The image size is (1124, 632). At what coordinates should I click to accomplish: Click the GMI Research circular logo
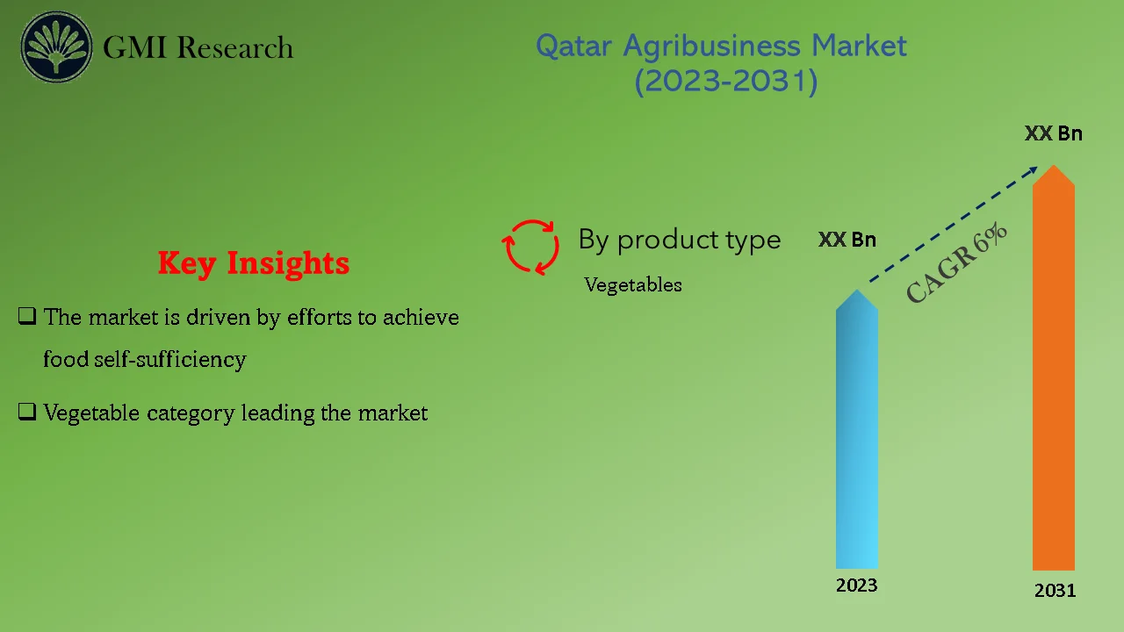(x=57, y=47)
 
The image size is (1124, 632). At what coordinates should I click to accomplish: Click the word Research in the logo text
(x=234, y=47)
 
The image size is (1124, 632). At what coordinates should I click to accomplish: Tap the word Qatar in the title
(x=575, y=46)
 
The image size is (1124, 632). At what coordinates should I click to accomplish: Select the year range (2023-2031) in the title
(x=725, y=82)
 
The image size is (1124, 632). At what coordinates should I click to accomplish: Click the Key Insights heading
(x=254, y=262)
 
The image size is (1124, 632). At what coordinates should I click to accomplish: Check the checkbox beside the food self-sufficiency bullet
(x=26, y=317)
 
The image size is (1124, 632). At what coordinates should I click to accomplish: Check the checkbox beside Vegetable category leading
(x=26, y=413)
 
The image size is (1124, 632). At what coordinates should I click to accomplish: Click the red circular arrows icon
(x=531, y=247)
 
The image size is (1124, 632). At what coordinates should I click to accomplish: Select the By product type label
(x=679, y=240)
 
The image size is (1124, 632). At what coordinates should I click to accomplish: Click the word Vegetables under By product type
(x=633, y=285)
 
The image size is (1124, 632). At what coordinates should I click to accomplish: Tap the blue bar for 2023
(x=856, y=439)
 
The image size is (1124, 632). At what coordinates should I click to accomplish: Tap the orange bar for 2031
(x=1053, y=377)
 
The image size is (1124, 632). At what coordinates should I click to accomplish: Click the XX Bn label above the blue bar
(x=847, y=240)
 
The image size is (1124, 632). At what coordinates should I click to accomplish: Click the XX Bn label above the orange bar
(x=1053, y=133)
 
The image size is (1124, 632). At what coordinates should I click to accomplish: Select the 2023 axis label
(x=856, y=585)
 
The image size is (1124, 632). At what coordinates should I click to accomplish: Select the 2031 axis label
(x=1055, y=591)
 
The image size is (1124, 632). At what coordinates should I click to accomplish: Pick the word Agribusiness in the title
(x=703, y=46)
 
